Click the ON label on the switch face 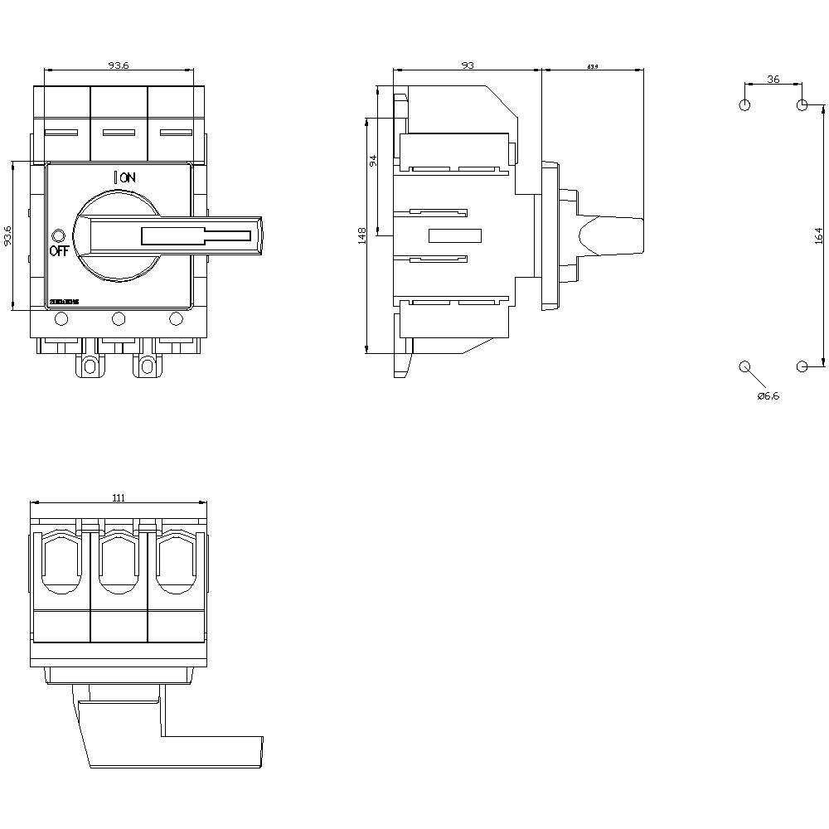[127, 177]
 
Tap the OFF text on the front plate [59, 252]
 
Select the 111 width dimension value [119, 497]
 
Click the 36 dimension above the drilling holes [773, 79]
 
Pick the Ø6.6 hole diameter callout [768, 396]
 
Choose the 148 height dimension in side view [361, 237]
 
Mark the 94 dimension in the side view [373, 160]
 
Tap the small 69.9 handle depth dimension [593, 66]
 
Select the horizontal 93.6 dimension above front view [119, 65]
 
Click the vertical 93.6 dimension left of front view [7, 236]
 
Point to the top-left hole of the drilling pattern [744, 105]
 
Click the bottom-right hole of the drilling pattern [802, 366]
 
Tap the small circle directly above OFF [57, 235]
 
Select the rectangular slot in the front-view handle [196, 236]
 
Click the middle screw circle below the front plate [118, 318]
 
